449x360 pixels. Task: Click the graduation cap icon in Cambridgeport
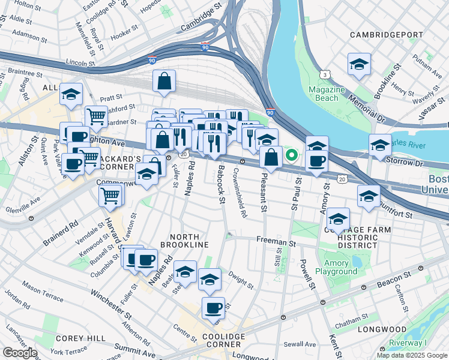pyautogui.click(x=359, y=65)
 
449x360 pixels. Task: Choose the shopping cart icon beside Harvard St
pyautogui.click(x=110, y=195)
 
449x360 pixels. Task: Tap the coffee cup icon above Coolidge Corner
pyautogui.click(x=213, y=308)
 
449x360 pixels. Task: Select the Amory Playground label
pyautogui.click(x=336, y=268)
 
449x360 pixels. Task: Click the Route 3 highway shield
pyautogui.click(x=325, y=74)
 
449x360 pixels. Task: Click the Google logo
pyautogui.click(x=20, y=353)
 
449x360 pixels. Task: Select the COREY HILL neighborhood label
pyautogui.click(x=72, y=338)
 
